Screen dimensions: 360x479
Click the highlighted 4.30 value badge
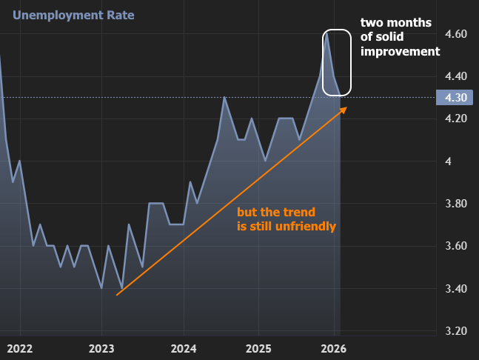[x=454, y=97]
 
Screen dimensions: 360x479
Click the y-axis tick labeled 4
[x=446, y=161]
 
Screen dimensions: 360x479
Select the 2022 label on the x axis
[x=19, y=348]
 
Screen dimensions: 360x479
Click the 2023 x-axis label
[x=101, y=348]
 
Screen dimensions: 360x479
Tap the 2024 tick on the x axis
[x=183, y=348]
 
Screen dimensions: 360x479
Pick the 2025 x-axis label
[x=258, y=348]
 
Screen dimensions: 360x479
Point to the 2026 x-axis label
[x=334, y=348]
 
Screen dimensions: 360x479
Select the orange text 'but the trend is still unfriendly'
[x=286, y=219]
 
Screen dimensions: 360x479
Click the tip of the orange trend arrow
[x=345, y=107]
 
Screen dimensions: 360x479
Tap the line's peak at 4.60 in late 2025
[x=326, y=33]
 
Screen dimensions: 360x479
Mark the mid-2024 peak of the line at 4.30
[x=224, y=97]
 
